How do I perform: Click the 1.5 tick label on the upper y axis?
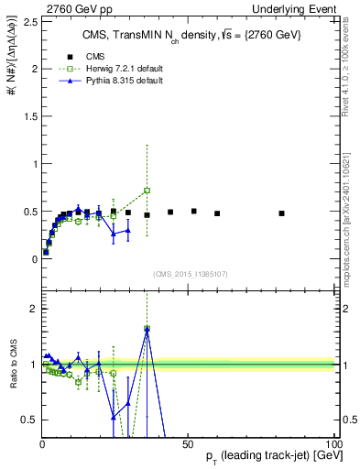click(x=28, y=116)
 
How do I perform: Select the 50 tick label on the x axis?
click(x=187, y=442)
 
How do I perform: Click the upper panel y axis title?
click(x=11, y=64)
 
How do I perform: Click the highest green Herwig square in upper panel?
click(x=147, y=191)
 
